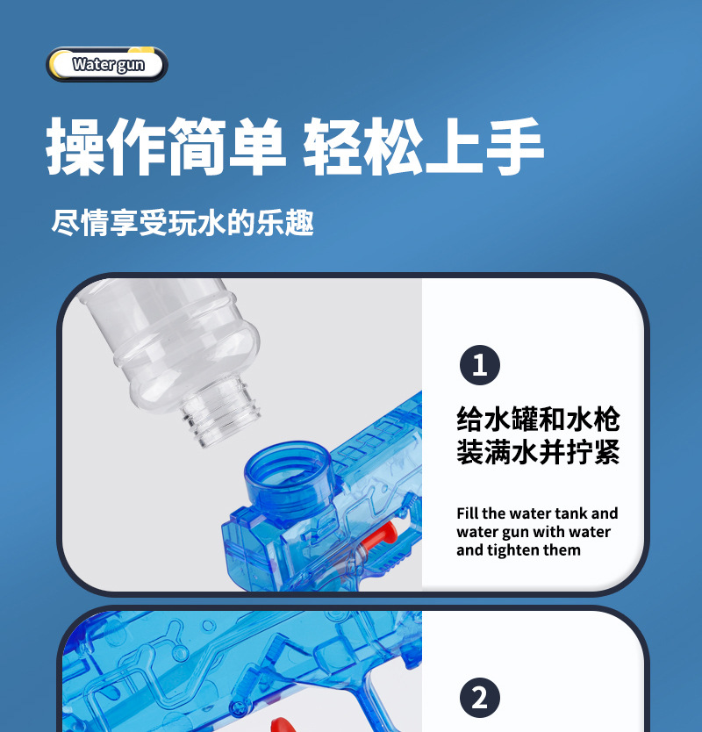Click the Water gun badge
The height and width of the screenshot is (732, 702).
107,64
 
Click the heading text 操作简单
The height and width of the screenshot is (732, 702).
166,147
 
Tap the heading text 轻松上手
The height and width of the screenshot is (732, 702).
423,147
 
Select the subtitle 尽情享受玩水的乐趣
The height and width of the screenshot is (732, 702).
183,222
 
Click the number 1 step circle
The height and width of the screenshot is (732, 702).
479,365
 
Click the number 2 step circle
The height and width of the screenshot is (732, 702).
479,699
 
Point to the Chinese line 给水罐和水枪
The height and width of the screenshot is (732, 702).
537,418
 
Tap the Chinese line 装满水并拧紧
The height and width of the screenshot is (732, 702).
537,452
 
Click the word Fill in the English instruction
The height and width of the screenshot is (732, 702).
468,513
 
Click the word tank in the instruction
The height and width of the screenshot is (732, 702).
570,513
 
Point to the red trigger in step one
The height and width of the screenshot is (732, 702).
383,535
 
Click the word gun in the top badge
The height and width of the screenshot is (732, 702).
130,65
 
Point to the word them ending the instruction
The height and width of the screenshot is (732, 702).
562,550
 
